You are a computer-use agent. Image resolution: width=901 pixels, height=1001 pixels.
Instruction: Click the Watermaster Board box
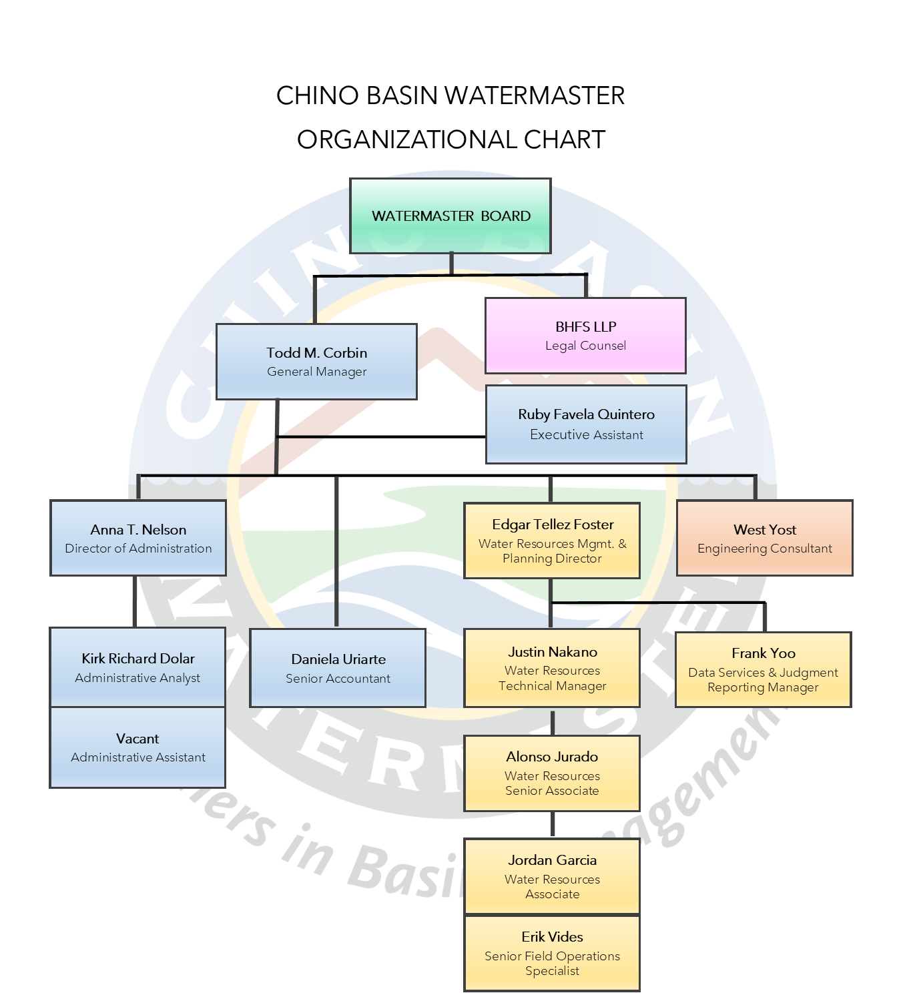[x=450, y=216]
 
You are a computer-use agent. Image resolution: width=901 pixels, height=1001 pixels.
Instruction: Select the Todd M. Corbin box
[x=317, y=362]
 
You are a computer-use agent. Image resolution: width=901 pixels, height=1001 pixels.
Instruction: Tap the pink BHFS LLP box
[x=585, y=336]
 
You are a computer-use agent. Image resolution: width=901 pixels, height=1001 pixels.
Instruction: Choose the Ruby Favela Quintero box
[x=586, y=424]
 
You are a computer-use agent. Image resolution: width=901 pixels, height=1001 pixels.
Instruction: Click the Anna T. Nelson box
[x=138, y=538]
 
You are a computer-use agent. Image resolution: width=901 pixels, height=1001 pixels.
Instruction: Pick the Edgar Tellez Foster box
[x=552, y=541]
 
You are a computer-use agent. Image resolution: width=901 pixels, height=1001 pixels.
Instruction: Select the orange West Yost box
[x=765, y=538]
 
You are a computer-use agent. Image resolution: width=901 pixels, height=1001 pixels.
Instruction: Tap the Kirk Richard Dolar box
[x=138, y=667]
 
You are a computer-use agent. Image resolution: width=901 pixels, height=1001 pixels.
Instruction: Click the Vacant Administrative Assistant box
[x=137, y=747]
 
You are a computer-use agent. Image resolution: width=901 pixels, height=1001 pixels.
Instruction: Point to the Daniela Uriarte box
[x=338, y=668]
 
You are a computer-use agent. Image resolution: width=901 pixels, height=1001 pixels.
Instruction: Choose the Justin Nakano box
[x=552, y=668]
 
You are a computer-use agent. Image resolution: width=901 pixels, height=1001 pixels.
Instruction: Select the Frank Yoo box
[x=764, y=669]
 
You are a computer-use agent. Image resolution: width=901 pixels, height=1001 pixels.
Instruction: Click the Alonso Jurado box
[x=552, y=773]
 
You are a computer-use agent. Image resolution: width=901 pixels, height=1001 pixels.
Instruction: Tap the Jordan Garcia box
[x=552, y=876]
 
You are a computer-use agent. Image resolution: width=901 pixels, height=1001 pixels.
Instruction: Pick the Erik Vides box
[x=552, y=953]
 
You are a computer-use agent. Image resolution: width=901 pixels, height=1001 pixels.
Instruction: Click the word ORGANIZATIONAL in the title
[x=407, y=139]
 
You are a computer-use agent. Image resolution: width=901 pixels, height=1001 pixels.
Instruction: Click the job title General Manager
[x=317, y=372]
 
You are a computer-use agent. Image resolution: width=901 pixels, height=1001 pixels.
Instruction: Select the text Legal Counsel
[x=585, y=346]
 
